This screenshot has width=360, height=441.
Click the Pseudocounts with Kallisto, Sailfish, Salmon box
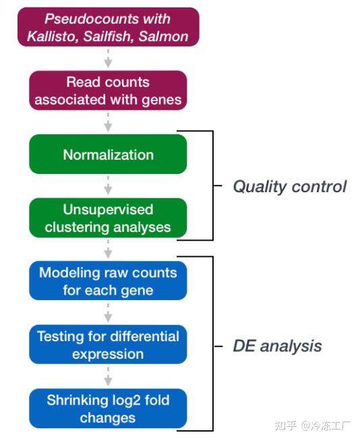[x=108, y=27]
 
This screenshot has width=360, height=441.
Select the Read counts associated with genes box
[x=108, y=91]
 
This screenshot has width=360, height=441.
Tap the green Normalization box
[x=108, y=154]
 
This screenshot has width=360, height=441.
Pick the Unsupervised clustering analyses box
[x=108, y=218]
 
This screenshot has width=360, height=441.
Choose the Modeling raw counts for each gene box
[x=108, y=282]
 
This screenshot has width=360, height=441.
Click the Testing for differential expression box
[x=108, y=345]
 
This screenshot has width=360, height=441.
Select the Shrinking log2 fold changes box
[x=108, y=409]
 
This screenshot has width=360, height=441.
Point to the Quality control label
[x=289, y=186]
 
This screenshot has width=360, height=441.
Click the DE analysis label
[x=277, y=346]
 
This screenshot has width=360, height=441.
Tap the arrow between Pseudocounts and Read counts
[x=108, y=59]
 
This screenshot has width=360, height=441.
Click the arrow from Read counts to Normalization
[x=108, y=123]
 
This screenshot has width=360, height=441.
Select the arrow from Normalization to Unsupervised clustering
[x=108, y=186]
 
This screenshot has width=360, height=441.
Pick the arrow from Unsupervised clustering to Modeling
[x=108, y=250]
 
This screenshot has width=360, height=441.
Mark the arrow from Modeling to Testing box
[x=108, y=313]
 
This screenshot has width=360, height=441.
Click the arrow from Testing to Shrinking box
[x=108, y=377]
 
